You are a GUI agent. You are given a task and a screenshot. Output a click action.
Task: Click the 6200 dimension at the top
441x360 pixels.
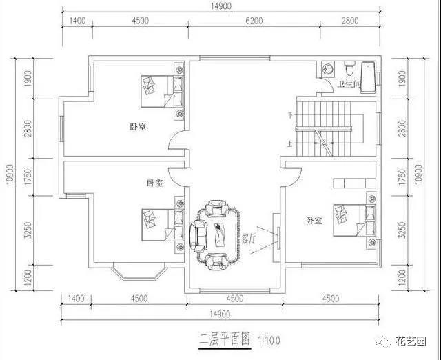pyautogui.click(x=254, y=21)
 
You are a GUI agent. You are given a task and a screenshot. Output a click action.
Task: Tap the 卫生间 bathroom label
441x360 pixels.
pyautogui.click(x=347, y=86)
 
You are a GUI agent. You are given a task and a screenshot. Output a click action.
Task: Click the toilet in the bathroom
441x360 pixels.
pyautogui.click(x=349, y=69)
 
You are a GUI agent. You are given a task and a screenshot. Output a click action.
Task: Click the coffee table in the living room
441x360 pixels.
pyautogui.click(x=219, y=233)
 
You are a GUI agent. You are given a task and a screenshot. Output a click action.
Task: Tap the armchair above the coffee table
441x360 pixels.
pyautogui.click(x=218, y=207)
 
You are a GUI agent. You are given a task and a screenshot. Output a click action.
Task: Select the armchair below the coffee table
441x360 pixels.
pyautogui.click(x=217, y=259)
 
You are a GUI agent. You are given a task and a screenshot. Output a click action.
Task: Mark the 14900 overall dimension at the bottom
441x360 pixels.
pyautogui.click(x=219, y=314)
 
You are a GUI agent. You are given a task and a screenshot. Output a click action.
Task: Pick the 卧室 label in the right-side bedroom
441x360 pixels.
pyautogui.click(x=314, y=221)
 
